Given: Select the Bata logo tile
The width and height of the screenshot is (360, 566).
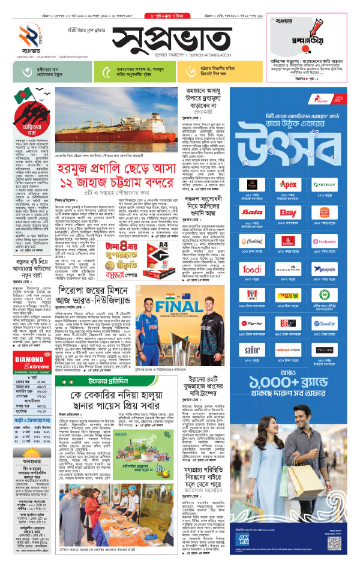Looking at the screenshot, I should click(x=252, y=212).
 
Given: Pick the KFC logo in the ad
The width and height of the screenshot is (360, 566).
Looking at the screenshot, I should click(x=252, y=296).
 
